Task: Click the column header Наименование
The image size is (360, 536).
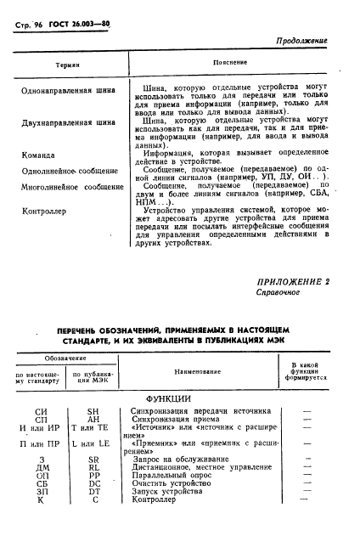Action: [203, 372]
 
